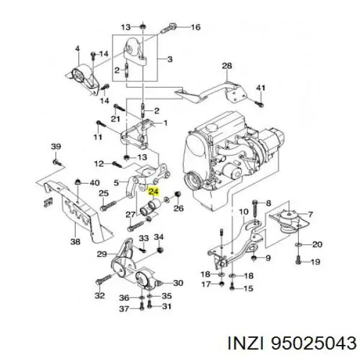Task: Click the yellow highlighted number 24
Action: pos(154,192)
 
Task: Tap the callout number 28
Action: pos(226,65)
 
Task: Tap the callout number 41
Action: pos(260,88)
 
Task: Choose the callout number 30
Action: pos(178,283)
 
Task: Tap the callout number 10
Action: pos(243,212)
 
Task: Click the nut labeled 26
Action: pos(178,194)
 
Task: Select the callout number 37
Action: pos(123,308)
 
